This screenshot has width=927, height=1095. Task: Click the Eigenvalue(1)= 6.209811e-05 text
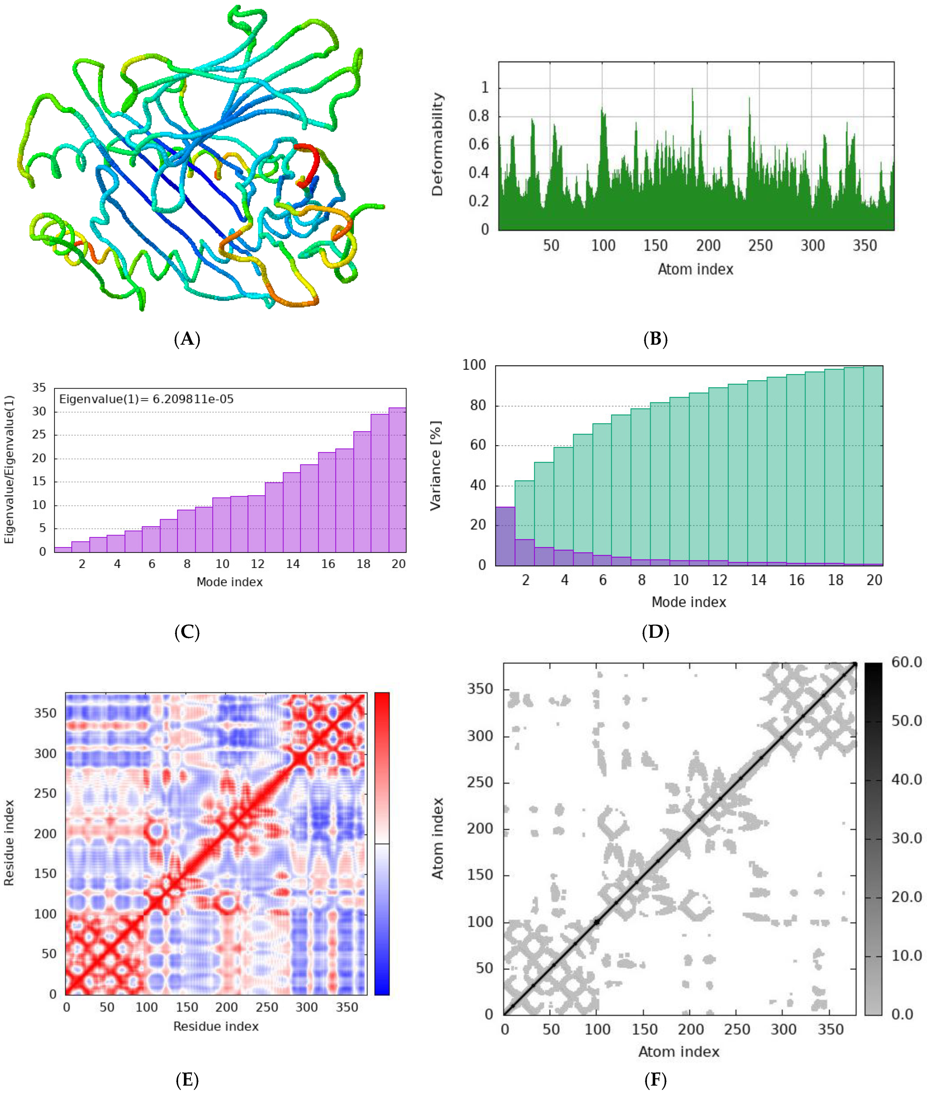click(x=146, y=399)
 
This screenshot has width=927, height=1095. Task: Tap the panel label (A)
click(x=187, y=339)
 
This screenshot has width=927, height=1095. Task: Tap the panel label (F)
click(x=655, y=1080)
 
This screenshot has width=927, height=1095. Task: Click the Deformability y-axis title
click(x=437, y=144)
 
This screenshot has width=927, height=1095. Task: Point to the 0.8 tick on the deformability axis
click(x=478, y=116)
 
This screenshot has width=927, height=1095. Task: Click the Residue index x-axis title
click(x=216, y=1026)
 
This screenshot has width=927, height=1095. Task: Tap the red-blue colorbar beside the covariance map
click(x=382, y=843)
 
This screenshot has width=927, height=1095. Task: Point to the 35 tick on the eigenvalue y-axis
click(x=39, y=388)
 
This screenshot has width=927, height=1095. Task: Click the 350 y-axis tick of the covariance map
click(x=45, y=713)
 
